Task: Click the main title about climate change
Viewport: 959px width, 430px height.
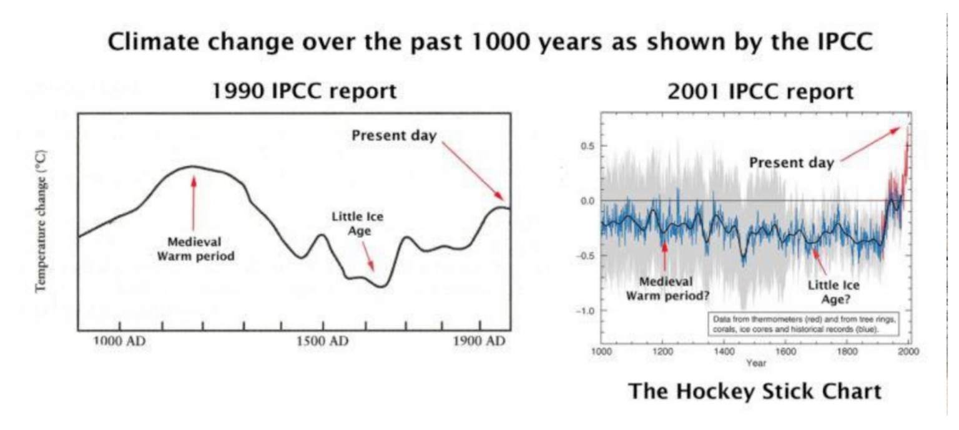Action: pyautogui.click(x=491, y=43)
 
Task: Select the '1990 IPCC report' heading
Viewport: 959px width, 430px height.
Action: pyautogui.click(x=304, y=92)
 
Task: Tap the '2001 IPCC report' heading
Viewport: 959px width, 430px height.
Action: pyautogui.click(x=760, y=92)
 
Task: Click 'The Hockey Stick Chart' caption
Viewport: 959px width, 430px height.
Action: pyautogui.click(x=755, y=391)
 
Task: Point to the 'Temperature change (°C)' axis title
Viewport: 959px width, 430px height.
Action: pyautogui.click(x=42, y=221)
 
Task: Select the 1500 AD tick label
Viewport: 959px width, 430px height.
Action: pyautogui.click(x=322, y=341)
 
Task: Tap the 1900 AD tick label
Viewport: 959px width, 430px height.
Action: pyautogui.click(x=479, y=341)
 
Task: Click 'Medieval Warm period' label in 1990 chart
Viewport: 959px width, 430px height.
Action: pyautogui.click(x=194, y=248)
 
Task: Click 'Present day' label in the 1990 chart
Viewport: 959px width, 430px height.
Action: pyautogui.click(x=393, y=135)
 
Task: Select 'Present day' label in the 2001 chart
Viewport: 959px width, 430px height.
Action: pyautogui.click(x=791, y=163)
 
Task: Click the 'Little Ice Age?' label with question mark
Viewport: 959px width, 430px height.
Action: pyautogui.click(x=833, y=291)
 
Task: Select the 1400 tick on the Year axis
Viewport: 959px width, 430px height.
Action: pyautogui.click(x=724, y=352)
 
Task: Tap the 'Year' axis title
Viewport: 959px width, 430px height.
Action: pyautogui.click(x=755, y=363)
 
